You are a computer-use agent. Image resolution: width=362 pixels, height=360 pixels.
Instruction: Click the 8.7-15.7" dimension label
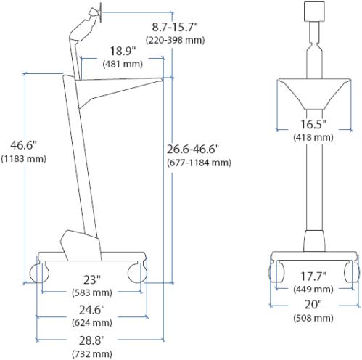point(175,27)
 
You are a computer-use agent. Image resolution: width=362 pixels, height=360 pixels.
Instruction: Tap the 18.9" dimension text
point(123,51)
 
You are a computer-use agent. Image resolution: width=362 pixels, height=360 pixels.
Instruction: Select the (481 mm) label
point(123,64)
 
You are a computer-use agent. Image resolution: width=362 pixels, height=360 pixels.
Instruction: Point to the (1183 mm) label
point(23,159)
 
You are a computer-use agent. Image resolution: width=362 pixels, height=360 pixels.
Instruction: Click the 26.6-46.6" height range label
point(193,149)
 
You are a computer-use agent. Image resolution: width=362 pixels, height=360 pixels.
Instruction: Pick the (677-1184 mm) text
point(199,163)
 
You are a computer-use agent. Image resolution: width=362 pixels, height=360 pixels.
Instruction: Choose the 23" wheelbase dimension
point(92,280)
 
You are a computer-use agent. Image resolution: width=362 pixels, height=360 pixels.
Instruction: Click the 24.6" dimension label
point(92,310)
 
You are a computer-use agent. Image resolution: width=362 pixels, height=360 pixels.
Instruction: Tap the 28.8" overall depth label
point(92,340)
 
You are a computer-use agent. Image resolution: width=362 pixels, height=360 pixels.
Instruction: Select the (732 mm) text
point(92,354)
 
